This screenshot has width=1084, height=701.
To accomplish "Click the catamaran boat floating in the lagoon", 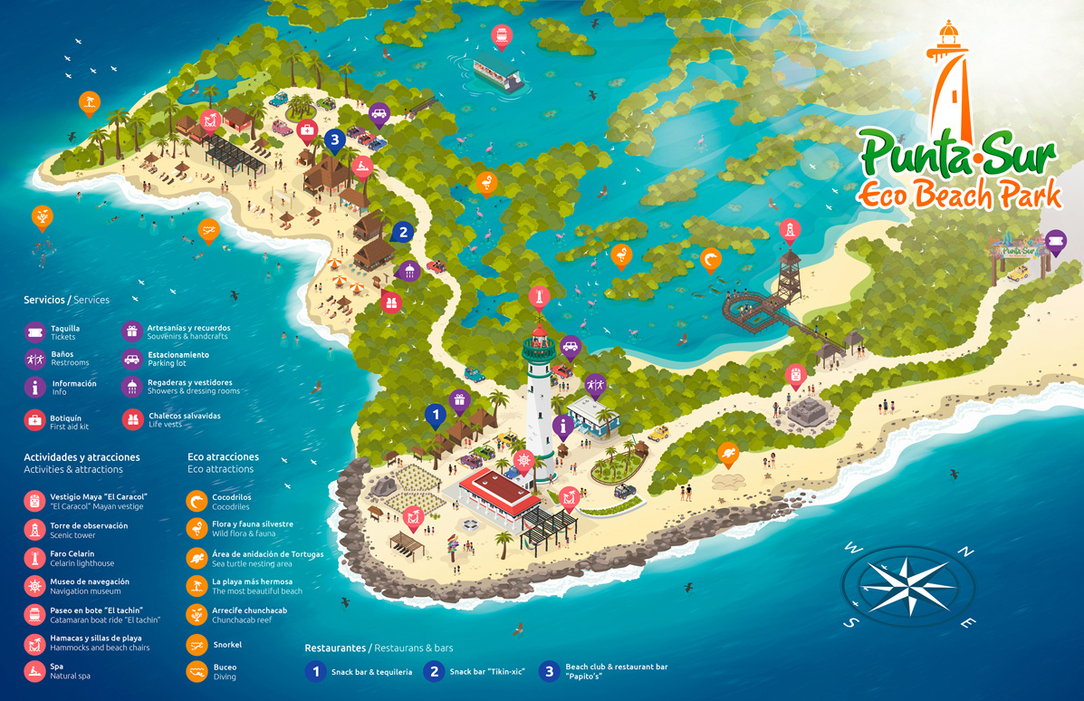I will click(498, 73).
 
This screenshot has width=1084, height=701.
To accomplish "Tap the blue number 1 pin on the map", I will click(436, 416).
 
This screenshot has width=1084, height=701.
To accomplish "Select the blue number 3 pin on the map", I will click(335, 139).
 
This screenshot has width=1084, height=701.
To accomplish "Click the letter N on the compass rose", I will click(966, 552).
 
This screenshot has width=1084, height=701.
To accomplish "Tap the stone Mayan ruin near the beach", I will click(804, 412).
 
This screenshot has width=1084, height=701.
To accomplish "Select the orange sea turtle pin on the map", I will click(728, 452).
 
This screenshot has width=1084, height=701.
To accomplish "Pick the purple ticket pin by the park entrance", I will click(1055, 241).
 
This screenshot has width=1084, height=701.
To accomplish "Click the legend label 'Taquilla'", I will click(65, 329).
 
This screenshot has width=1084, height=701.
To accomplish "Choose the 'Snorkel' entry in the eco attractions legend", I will click(226, 645).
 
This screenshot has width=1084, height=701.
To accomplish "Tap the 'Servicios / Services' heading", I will click(66, 300).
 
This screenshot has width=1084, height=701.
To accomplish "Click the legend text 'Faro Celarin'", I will click(72, 553).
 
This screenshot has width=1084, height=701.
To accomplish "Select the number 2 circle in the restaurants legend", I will click(435, 671).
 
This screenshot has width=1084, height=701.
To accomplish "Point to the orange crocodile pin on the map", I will click(711, 260).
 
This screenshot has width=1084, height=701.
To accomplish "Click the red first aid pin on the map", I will click(307, 132).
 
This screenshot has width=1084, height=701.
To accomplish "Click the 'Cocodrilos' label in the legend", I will click(232, 497).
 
